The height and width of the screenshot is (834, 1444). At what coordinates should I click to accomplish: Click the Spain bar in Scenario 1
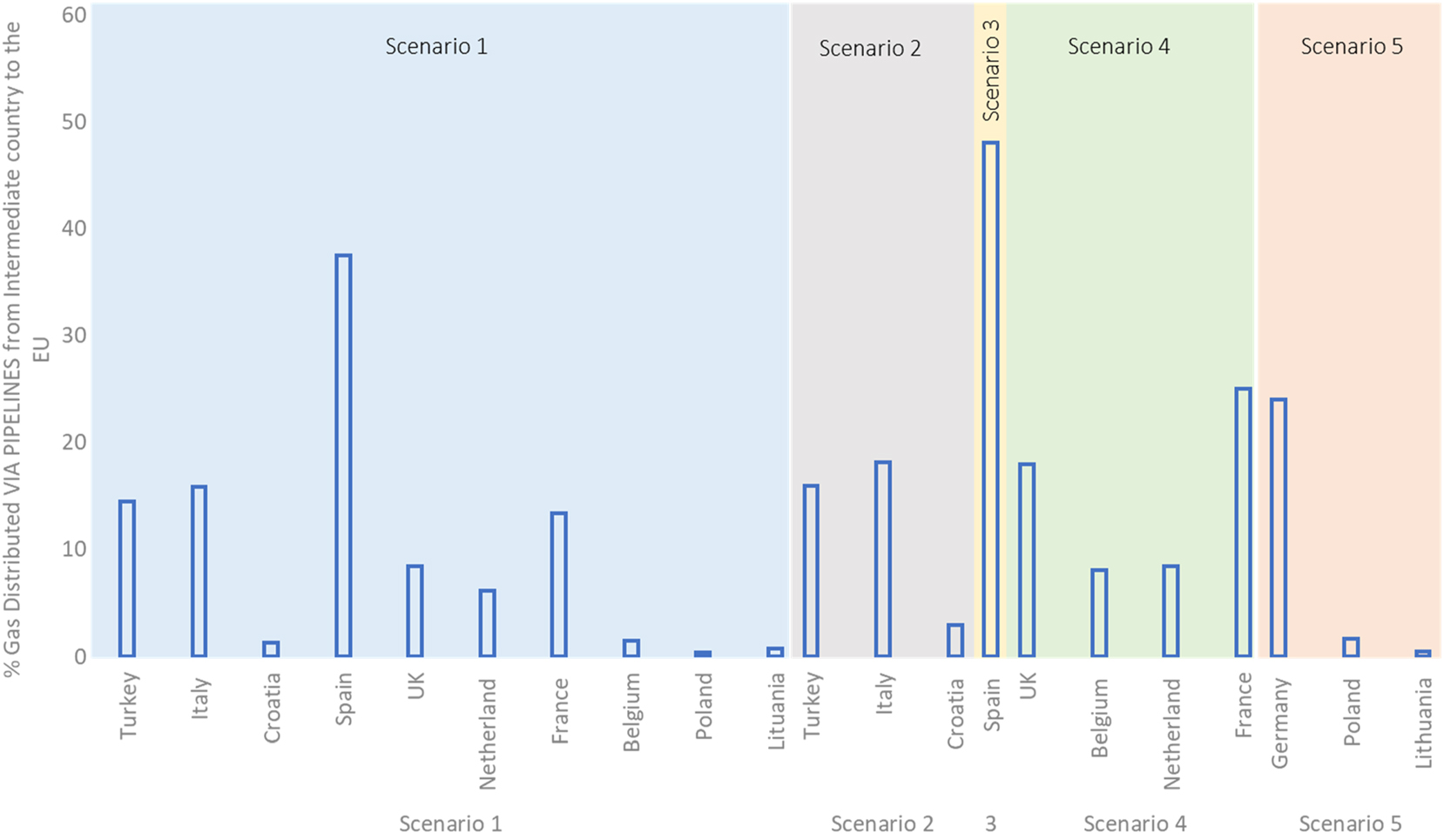343,456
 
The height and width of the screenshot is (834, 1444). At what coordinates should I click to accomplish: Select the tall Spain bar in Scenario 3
990,399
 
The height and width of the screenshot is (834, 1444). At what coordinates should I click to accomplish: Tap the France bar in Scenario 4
1243,522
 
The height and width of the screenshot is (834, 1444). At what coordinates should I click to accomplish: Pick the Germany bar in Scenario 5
1278,527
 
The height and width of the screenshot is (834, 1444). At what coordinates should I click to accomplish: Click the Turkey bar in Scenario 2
811,571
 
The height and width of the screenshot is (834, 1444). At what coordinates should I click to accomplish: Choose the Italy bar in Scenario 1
199,571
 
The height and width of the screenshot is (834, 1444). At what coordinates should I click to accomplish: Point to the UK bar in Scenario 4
1027,559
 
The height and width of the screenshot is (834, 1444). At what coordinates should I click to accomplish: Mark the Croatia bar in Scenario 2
955,640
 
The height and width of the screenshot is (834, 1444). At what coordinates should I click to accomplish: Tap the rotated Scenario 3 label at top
990,70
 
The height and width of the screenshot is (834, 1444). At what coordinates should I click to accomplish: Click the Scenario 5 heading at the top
1351,47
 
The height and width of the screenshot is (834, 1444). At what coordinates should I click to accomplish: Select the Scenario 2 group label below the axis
881,823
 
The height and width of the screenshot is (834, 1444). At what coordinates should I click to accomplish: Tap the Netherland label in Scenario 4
1171,733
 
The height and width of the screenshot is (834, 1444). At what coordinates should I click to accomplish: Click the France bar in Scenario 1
558,584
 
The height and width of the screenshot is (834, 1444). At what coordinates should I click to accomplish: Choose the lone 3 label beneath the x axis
990,823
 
